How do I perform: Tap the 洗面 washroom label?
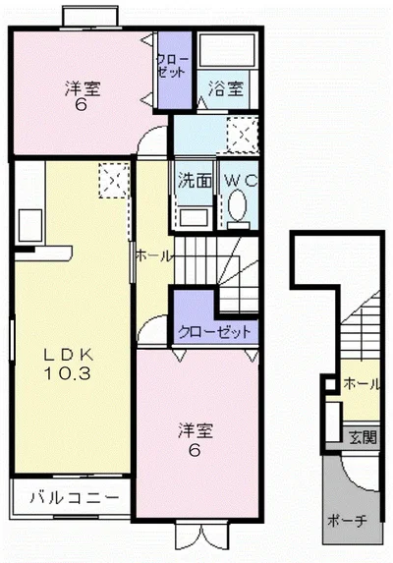[195, 181]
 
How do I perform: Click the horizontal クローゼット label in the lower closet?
[214, 331]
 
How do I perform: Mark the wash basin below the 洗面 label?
[194, 216]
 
